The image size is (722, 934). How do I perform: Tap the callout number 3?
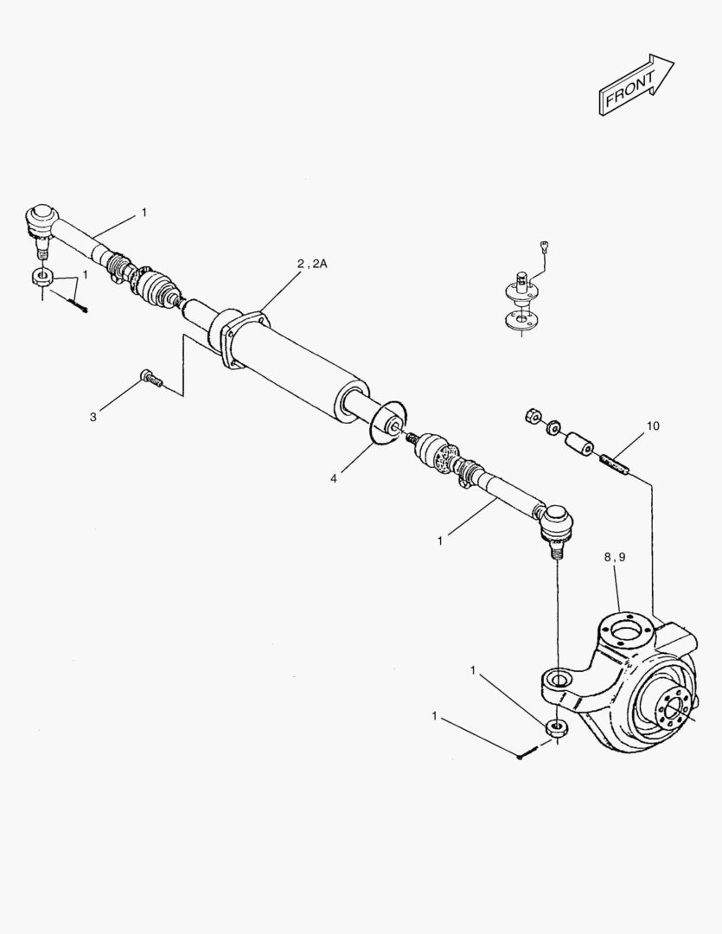point(93,417)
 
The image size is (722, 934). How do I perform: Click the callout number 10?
point(652,425)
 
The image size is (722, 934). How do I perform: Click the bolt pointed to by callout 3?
point(150,377)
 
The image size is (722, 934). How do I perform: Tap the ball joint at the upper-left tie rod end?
point(41,221)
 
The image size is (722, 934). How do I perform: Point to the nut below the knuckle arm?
point(557,726)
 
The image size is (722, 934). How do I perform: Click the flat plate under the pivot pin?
point(519,319)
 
